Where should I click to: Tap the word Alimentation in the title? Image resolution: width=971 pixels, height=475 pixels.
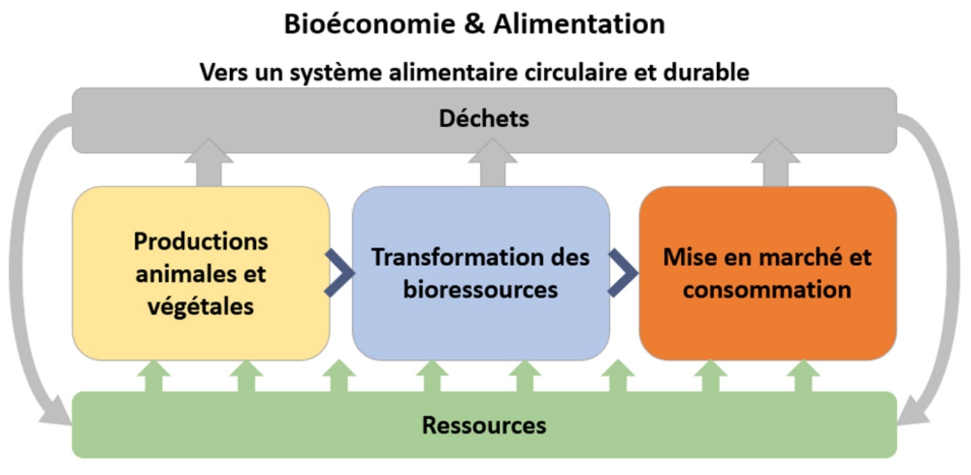pyautogui.click(x=579, y=24)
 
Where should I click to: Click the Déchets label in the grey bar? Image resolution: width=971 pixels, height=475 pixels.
pyautogui.click(x=485, y=119)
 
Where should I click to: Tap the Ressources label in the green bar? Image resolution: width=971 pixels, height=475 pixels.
pyautogui.click(x=485, y=425)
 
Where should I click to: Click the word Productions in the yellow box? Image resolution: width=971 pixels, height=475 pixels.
pyautogui.click(x=201, y=241)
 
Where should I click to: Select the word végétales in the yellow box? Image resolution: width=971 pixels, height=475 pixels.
pyautogui.click(x=200, y=306)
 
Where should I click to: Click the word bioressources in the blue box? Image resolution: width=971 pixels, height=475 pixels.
pyautogui.click(x=481, y=289)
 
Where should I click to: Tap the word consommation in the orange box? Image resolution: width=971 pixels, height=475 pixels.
pyautogui.click(x=767, y=289)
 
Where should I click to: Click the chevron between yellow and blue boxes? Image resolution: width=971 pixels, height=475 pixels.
pyautogui.click(x=340, y=273)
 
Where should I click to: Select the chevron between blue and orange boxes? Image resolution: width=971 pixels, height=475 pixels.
pyautogui.click(x=623, y=273)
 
